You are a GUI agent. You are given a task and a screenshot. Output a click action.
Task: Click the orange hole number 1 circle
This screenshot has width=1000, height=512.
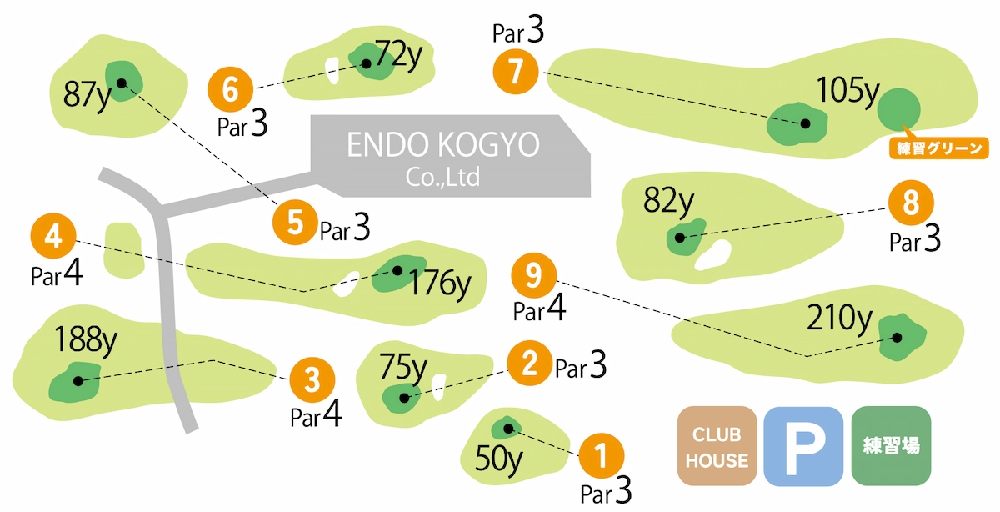[x=601, y=456]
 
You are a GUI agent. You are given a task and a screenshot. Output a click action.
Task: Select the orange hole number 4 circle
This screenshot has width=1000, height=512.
[x=53, y=238]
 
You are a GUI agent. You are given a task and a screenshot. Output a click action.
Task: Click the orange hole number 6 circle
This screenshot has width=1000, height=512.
[x=231, y=88]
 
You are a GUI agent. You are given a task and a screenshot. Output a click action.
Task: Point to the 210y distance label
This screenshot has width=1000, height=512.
[x=840, y=318]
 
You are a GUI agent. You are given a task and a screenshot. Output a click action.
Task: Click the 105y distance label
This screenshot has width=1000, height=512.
[x=847, y=90]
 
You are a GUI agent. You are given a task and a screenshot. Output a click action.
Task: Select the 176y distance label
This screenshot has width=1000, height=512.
[x=439, y=284]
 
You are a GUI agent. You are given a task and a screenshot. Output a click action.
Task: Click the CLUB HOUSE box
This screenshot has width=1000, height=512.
[x=717, y=446]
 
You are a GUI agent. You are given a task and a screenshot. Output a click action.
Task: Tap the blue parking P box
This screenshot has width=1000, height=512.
[x=803, y=446]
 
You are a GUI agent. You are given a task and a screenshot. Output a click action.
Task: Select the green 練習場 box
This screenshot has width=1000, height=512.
[x=891, y=446]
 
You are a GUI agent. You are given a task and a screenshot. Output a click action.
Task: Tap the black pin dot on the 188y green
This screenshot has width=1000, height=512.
[x=77, y=381]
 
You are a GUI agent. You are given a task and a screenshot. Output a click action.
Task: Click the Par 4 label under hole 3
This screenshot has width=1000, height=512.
[x=316, y=415]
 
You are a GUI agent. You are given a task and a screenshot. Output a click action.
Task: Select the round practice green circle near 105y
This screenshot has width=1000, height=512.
[x=899, y=108]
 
